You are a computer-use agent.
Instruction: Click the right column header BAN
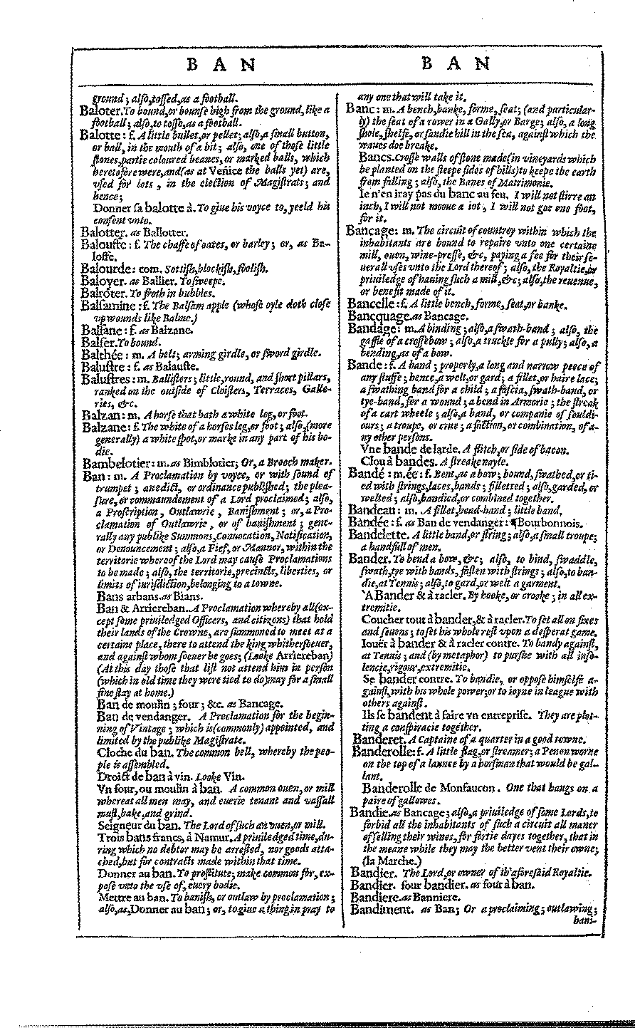pyautogui.click(x=456, y=64)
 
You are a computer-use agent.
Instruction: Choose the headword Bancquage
pyautogui.click(x=377, y=316)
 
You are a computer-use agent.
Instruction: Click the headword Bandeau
pyautogui.click(x=371, y=509)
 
